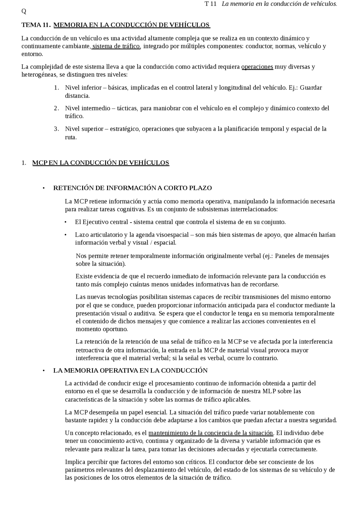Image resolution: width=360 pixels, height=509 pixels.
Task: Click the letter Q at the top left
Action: click(24, 11)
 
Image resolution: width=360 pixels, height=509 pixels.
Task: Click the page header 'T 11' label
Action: click(211, 4)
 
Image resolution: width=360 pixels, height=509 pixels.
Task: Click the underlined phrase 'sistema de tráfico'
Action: click(116, 46)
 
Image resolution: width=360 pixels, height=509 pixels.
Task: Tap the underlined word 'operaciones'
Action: click(257, 67)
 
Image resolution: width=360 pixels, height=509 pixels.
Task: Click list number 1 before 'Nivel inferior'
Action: click(56, 88)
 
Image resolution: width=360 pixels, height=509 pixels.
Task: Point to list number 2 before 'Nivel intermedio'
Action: click(56, 108)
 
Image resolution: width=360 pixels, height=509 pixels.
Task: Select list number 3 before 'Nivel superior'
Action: click(56, 129)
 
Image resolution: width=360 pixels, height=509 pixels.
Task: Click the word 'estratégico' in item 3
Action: click(124, 129)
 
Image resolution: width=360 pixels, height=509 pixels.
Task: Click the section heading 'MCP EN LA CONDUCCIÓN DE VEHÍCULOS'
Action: click(101, 163)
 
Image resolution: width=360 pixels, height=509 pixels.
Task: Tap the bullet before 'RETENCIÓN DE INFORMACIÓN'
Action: click(44, 188)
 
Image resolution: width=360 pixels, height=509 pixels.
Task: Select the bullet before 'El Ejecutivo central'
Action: click(66, 222)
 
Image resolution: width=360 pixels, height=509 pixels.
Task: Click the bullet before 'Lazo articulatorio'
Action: click(66, 235)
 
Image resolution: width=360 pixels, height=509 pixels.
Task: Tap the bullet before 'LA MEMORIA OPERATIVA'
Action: click(44, 371)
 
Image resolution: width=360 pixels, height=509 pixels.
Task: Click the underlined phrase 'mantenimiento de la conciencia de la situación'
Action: click(211, 433)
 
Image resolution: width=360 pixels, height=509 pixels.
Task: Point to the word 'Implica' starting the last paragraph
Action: click(73, 462)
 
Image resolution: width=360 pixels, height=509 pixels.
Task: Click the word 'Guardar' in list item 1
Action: click(311, 88)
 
